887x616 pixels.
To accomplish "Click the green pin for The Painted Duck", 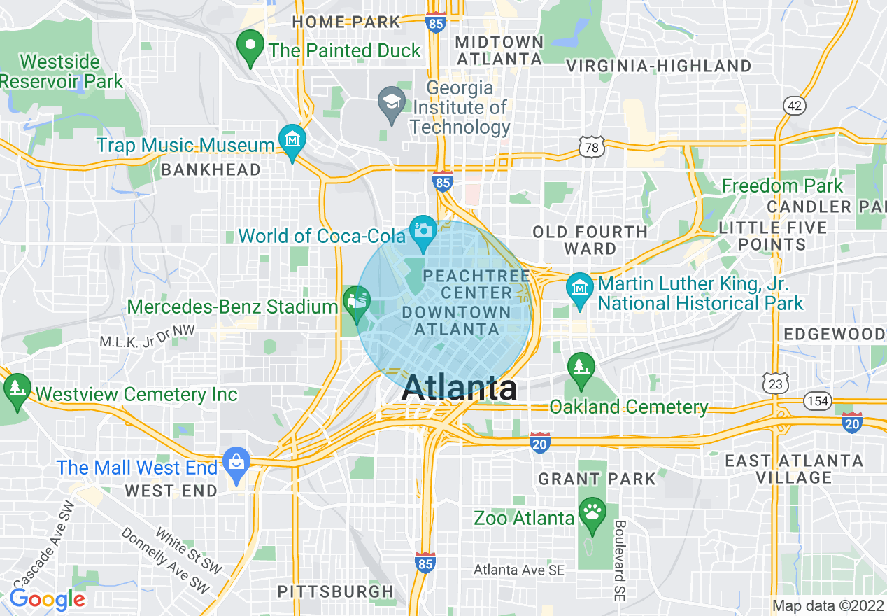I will tap(250, 47).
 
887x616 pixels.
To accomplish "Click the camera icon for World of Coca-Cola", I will tap(423, 230).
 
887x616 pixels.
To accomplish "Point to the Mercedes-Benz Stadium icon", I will tap(357, 302).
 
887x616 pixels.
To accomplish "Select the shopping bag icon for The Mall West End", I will tap(236, 462).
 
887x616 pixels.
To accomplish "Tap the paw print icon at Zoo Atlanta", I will tap(593, 512).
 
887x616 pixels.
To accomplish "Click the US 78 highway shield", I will tap(591, 146).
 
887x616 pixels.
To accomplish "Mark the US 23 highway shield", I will tap(775, 383).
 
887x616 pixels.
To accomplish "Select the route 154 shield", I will tap(817, 400).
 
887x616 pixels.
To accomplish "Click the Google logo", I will tap(47, 600).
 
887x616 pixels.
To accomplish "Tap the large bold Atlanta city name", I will tap(460, 388).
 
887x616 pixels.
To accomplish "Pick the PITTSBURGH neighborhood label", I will tap(336, 591).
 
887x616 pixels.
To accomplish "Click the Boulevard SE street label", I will tap(619, 561).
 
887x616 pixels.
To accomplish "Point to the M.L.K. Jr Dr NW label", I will tap(148, 341).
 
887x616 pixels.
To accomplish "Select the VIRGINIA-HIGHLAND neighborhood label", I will tap(658, 66).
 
